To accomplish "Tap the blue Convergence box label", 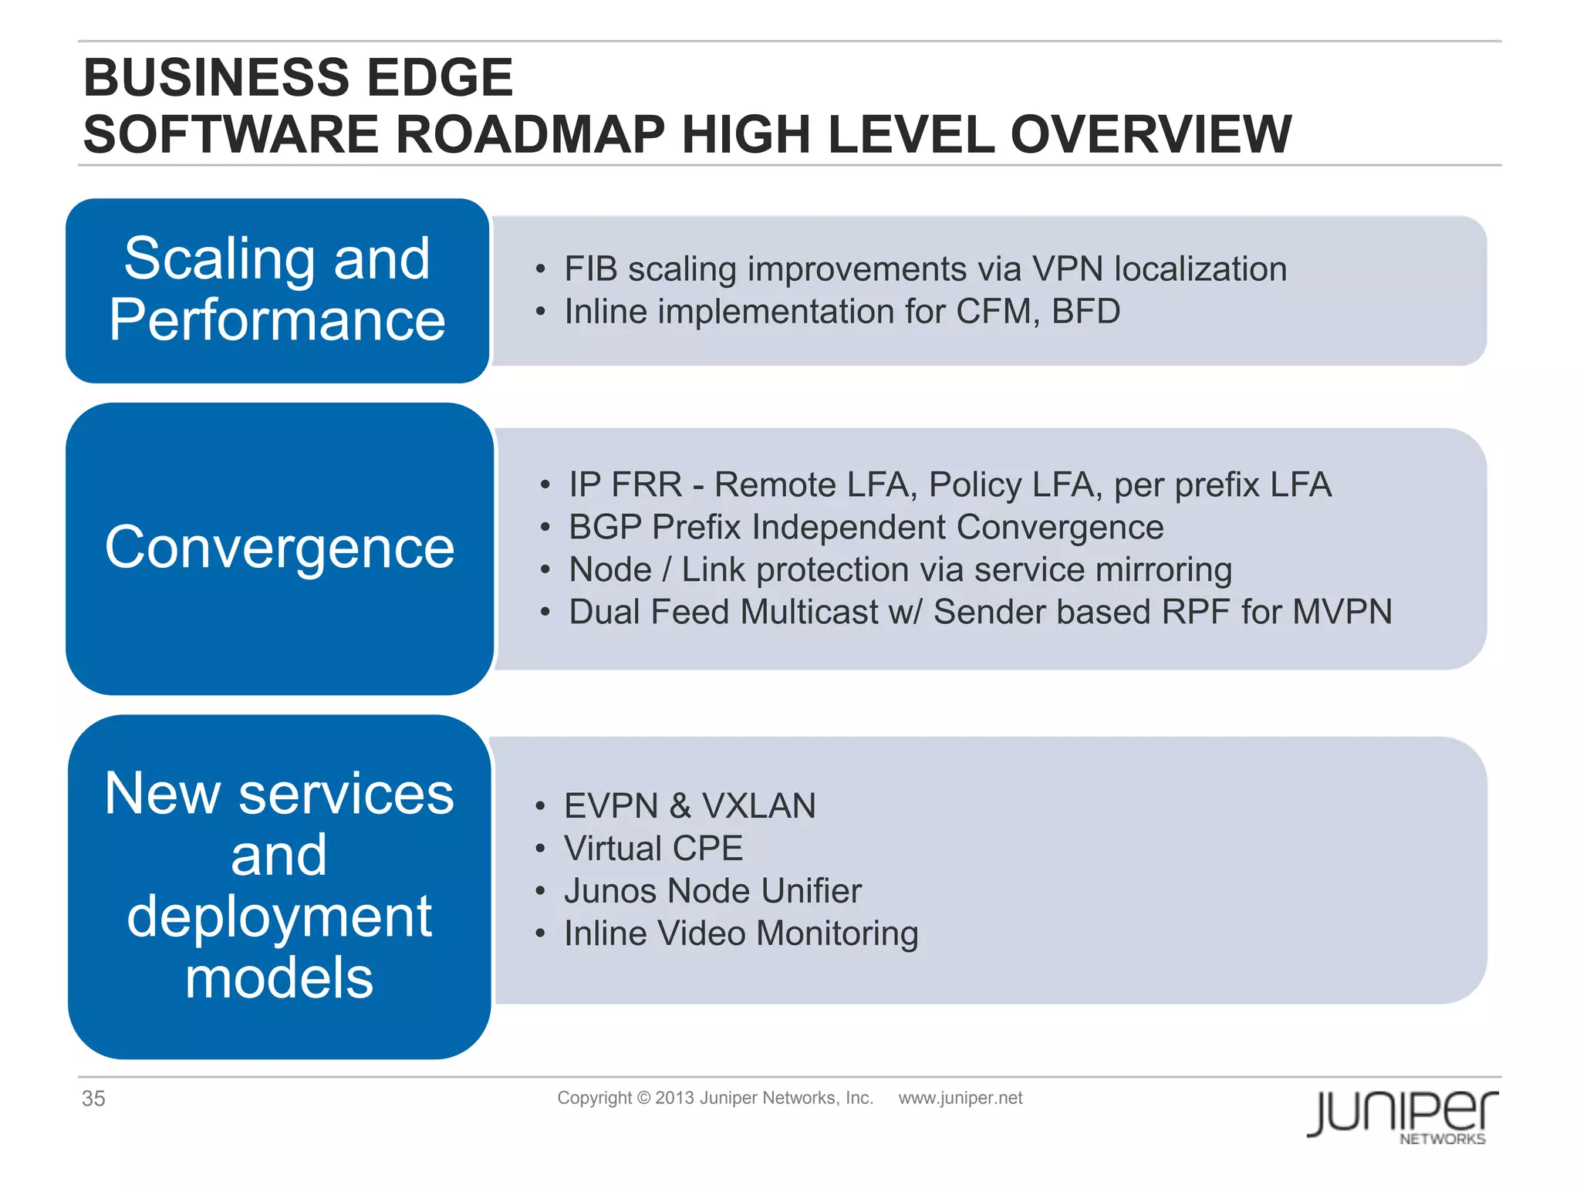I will pyautogui.click(x=279, y=548).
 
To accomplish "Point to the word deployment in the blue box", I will pyautogui.click(x=279, y=917).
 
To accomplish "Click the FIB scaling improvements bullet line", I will pyautogui.click(x=925, y=269).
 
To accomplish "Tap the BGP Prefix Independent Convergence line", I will pyautogui.click(x=866, y=528).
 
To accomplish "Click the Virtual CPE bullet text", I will pyautogui.click(x=653, y=849).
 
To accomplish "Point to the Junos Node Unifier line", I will pyautogui.click(x=712, y=891).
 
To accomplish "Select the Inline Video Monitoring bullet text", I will pyautogui.click(x=741, y=933).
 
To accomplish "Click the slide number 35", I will pyautogui.click(x=93, y=1099).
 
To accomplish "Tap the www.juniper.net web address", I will pyautogui.click(x=960, y=1098).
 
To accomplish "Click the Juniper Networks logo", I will pyautogui.click(x=1402, y=1116).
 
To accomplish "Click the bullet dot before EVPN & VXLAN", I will pyautogui.click(x=540, y=807).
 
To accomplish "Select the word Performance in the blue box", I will pyautogui.click(x=278, y=320).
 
